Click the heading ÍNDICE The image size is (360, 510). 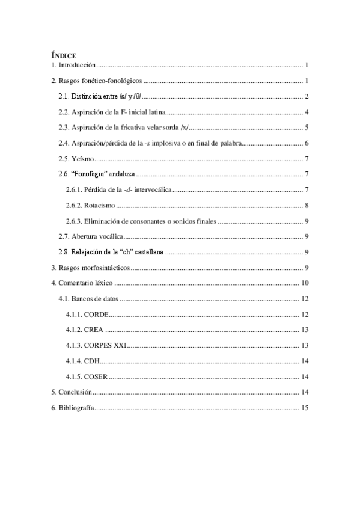[x=63, y=55]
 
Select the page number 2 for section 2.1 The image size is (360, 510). [x=306, y=96]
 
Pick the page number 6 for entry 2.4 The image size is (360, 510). [x=306, y=143]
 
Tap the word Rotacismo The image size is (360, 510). [x=99, y=205]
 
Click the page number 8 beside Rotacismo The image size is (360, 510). [x=306, y=205]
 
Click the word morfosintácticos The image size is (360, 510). [x=105, y=268]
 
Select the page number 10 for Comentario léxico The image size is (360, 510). [x=304, y=283]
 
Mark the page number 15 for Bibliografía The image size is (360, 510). [x=304, y=408]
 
